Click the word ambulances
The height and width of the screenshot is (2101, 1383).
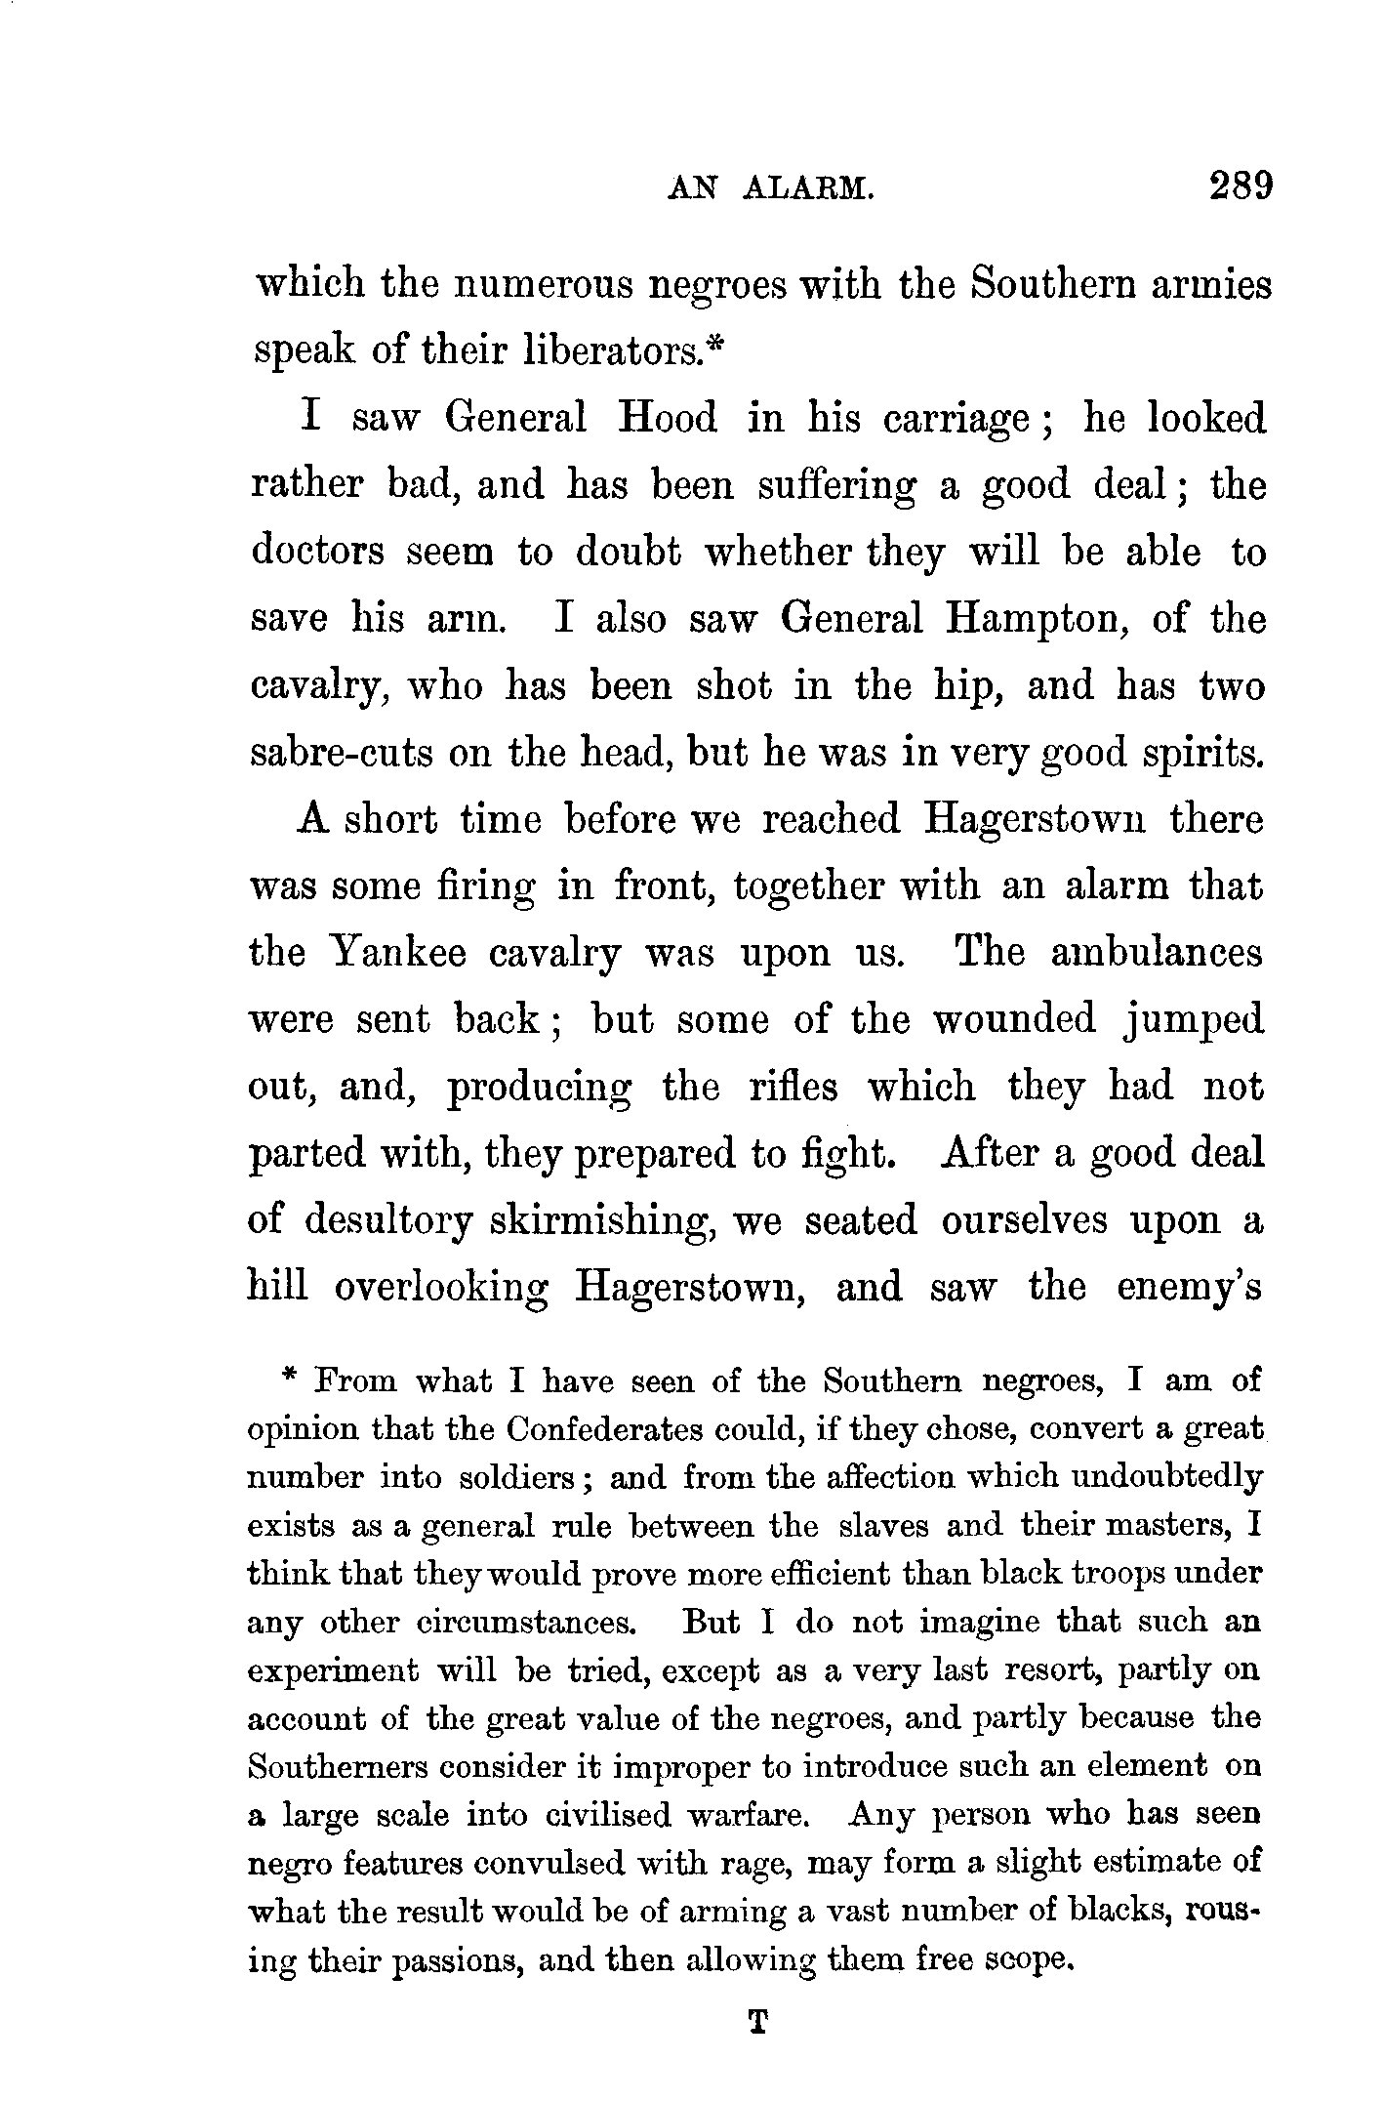pyautogui.click(x=1157, y=952)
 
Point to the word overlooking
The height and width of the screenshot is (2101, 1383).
pyautogui.click(x=440, y=1288)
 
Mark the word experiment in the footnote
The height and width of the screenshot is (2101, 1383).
pyautogui.click(x=333, y=1670)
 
